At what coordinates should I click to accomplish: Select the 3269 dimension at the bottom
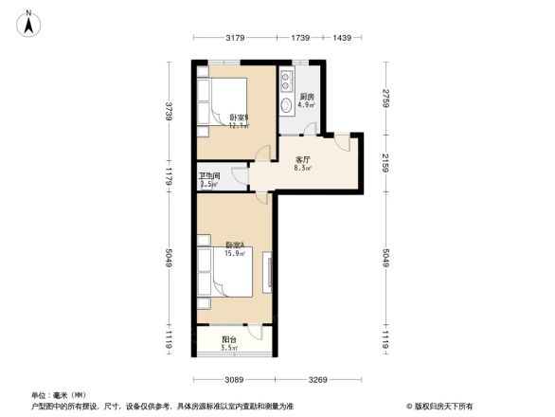[x=316, y=380]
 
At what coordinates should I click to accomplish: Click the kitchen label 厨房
[x=307, y=97]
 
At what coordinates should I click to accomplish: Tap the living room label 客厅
[x=303, y=160]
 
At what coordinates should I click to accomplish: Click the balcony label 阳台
[x=228, y=338]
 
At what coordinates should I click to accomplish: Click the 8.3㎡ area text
[x=303, y=169]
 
